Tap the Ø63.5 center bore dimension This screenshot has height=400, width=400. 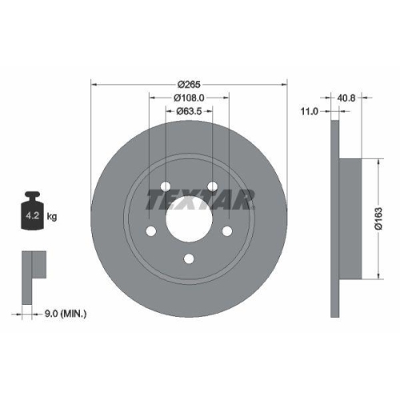point(189,113)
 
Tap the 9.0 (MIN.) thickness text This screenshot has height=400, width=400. point(66,314)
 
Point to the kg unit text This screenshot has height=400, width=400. point(53,217)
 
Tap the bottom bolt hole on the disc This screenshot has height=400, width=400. point(190,258)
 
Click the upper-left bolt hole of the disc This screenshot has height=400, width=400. point(166,186)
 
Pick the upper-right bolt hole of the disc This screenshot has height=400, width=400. point(214,186)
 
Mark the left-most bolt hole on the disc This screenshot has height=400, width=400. point(151,231)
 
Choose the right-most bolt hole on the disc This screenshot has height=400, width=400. point(227,231)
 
